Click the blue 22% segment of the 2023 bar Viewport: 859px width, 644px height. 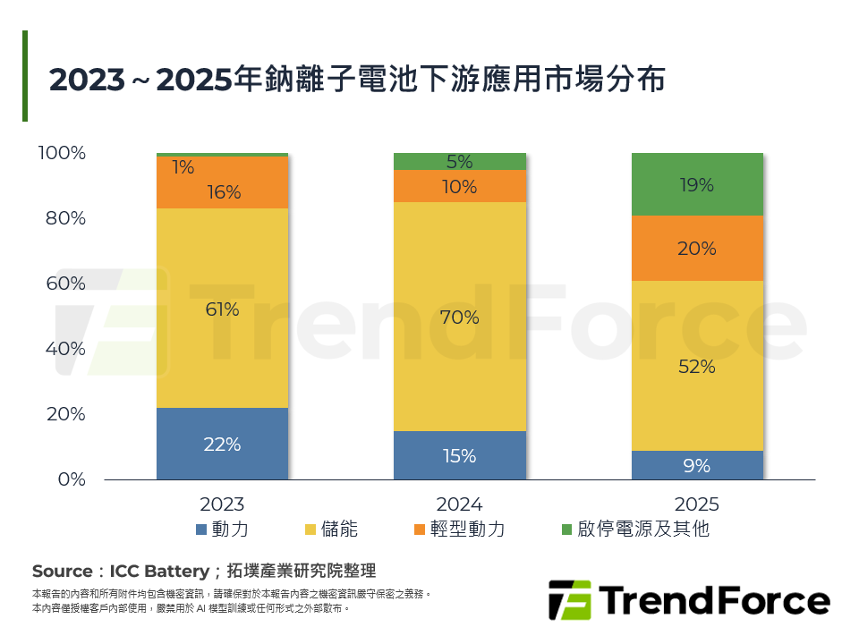coord(222,444)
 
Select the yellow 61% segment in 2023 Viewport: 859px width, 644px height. coord(222,309)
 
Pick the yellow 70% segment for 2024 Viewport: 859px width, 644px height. coord(460,317)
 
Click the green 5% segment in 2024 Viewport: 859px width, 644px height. coord(460,162)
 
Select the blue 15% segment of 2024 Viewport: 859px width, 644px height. coord(460,455)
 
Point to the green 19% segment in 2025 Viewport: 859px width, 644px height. coord(697,185)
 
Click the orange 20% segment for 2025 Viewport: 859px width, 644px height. coord(697,249)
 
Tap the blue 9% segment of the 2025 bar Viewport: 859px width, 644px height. coord(697,465)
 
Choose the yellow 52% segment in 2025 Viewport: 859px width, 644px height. coord(697,366)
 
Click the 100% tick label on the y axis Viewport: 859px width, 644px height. coord(62,153)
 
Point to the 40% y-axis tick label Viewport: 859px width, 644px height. coord(65,349)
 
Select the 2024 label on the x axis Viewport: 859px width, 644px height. coord(460,504)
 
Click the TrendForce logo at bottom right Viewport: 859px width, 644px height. coord(688,600)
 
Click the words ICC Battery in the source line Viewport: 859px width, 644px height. coord(147,572)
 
